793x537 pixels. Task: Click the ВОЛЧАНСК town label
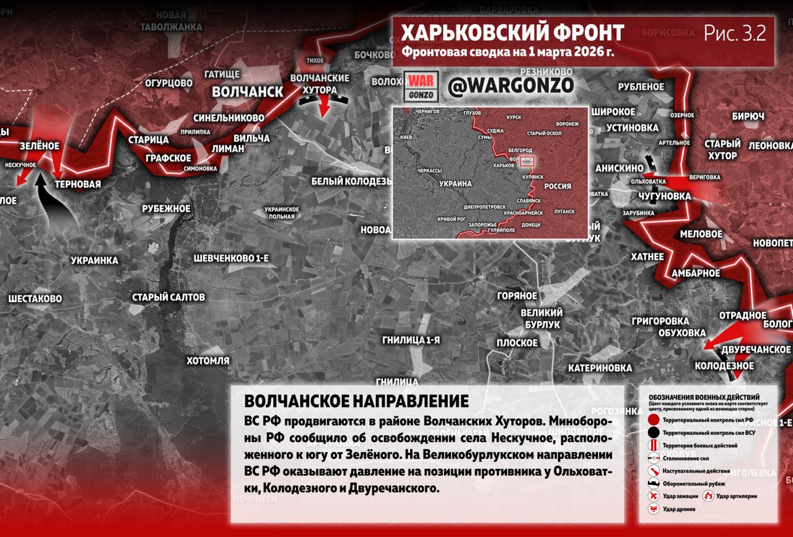247,92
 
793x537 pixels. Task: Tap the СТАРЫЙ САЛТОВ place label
169,297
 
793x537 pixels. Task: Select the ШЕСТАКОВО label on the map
35,299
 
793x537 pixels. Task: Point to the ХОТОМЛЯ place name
208,360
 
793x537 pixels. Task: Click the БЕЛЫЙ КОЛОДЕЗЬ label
351,181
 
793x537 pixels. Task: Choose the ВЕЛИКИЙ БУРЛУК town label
541,318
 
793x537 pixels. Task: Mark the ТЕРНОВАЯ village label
77,184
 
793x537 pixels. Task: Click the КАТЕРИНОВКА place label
600,368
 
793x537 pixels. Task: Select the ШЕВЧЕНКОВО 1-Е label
231,258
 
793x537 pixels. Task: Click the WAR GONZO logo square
421,86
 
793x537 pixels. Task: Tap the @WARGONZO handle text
510,86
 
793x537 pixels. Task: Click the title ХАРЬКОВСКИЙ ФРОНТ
512,32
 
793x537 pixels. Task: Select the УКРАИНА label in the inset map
455,184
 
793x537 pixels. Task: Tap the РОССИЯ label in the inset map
558,186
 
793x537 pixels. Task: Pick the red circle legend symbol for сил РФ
653,420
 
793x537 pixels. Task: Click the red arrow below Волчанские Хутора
324,108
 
